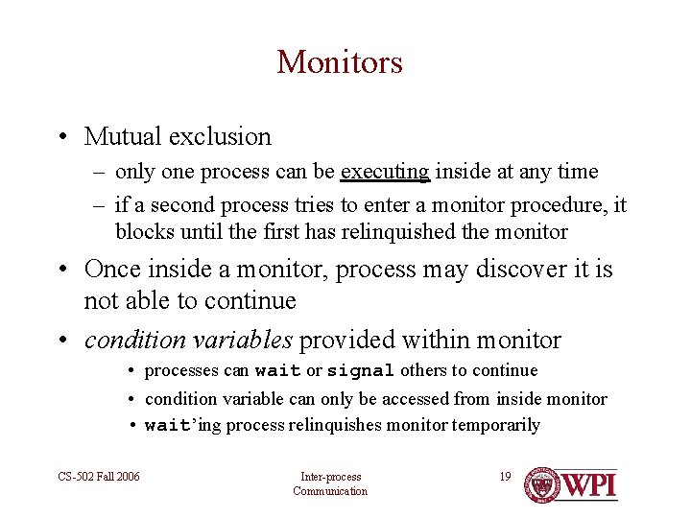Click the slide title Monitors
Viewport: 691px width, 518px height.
point(340,62)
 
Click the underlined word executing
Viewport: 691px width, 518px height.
point(385,173)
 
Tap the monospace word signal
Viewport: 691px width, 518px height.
point(361,371)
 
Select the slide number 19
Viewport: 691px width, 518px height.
point(505,476)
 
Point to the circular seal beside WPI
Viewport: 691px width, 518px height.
point(544,484)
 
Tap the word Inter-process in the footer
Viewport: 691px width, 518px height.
point(330,477)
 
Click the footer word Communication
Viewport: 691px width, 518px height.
point(330,491)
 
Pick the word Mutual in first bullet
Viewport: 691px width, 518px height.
point(124,137)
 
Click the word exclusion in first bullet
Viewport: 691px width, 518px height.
point(220,137)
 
